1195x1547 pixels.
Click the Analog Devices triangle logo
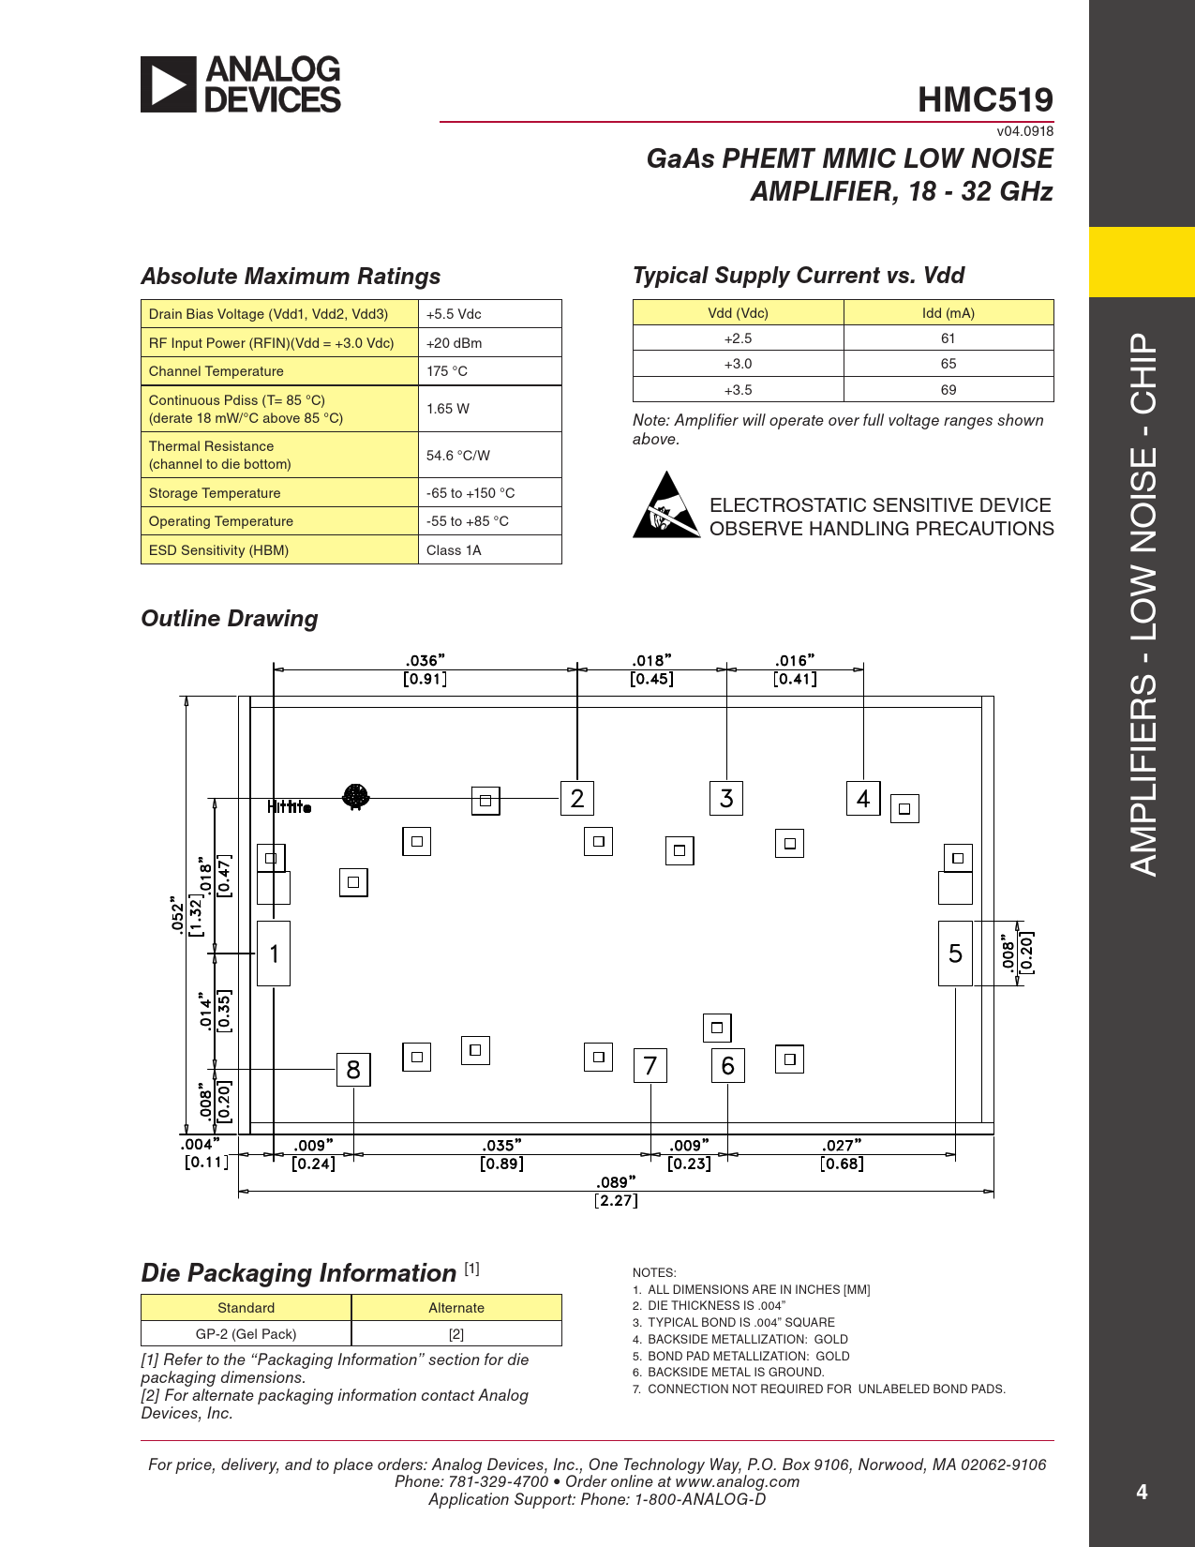[x=169, y=84]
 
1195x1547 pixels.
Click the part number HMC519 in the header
[x=985, y=99]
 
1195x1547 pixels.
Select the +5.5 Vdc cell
[x=454, y=314]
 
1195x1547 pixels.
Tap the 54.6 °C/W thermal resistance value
[x=458, y=456]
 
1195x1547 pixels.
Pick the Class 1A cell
[x=454, y=550]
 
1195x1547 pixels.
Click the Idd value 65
[x=949, y=364]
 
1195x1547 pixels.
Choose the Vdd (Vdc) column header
[x=738, y=313]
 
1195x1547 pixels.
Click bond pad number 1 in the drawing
[x=274, y=954]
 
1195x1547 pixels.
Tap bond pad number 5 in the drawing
[x=955, y=954]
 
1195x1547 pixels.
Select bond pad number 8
[x=353, y=1070]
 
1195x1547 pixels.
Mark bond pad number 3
[x=726, y=799]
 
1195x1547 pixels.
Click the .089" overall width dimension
[x=616, y=1182]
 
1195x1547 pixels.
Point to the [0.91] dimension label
[x=425, y=679]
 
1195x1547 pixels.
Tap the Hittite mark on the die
[x=289, y=806]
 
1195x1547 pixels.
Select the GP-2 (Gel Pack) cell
[x=246, y=1334]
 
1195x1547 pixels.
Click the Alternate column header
[x=456, y=1308]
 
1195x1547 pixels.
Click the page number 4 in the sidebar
[x=1142, y=1492]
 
